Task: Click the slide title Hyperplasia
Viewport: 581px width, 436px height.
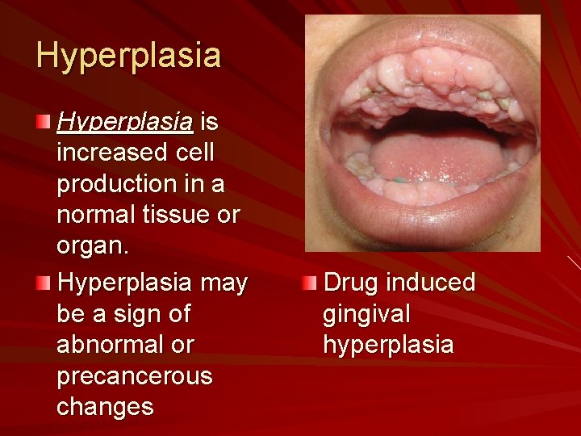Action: click(128, 56)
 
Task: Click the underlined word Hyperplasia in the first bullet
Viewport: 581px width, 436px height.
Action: click(125, 122)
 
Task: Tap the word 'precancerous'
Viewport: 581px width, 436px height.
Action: click(135, 376)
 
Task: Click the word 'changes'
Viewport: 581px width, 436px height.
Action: click(105, 407)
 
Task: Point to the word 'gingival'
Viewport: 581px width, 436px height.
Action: click(366, 313)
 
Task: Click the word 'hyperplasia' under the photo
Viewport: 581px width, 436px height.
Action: click(388, 345)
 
